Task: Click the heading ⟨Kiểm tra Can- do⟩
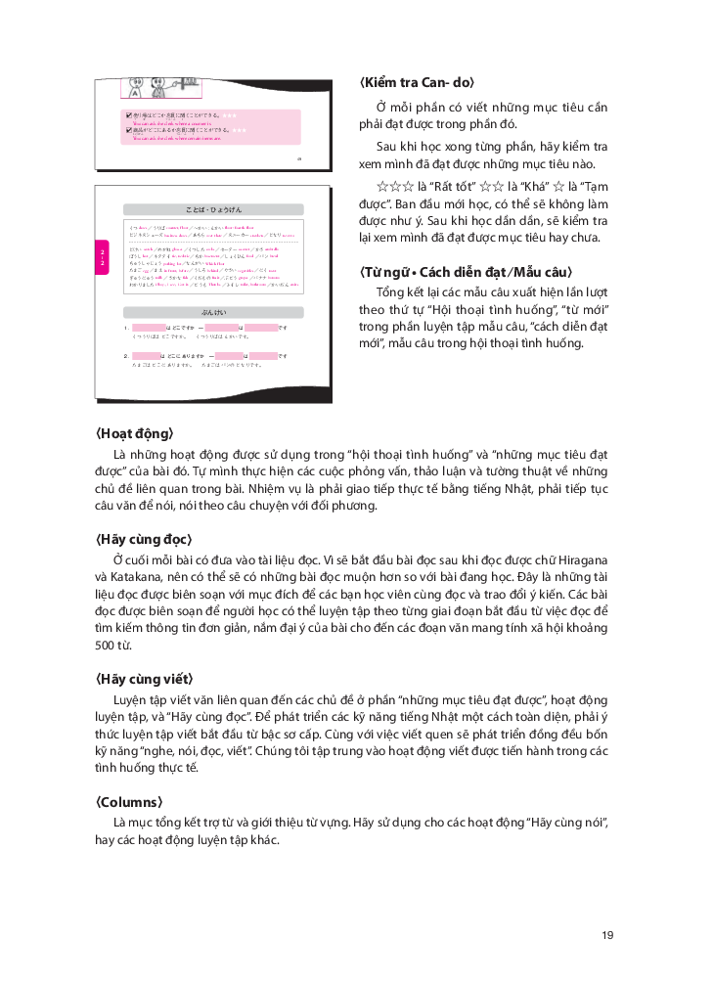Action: [x=417, y=83]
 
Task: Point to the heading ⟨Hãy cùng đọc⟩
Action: [x=144, y=539]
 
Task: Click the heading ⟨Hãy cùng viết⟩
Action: [x=144, y=679]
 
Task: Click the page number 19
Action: [x=607, y=936]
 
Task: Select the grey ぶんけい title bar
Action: [x=211, y=311]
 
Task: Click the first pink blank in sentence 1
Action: [x=150, y=327]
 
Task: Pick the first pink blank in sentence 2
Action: [x=150, y=356]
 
